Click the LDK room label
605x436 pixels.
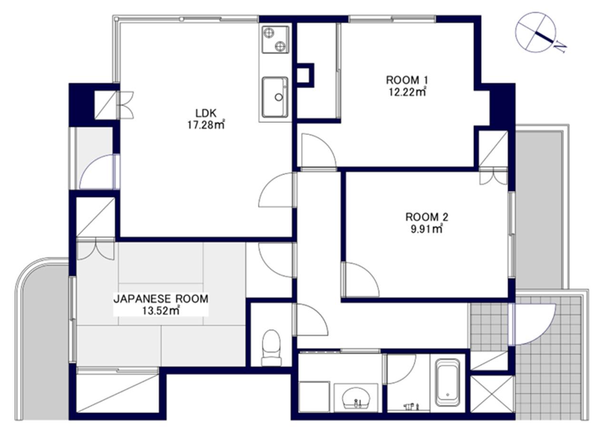pyautogui.click(x=206, y=113)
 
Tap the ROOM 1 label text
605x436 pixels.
pyautogui.click(x=407, y=80)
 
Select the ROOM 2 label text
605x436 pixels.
pyautogui.click(x=427, y=217)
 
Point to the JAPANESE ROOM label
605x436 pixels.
pyautogui.click(x=161, y=299)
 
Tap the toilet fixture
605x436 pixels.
pyautogui.click(x=271, y=348)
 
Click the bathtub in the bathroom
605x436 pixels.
pyautogui.click(x=447, y=383)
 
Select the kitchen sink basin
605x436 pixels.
pyautogui.click(x=275, y=97)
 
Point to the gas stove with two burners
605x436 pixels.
pyautogui.click(x=275, y=40)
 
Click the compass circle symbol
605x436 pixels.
pyautogui.click(x=536, y=32)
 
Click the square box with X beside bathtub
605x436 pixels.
pyautogui.click(x=492, y=395)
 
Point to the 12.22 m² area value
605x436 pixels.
pyautogui.click(x=407, y=92)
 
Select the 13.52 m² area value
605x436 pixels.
pyautogui.click(x=161, y=311)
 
